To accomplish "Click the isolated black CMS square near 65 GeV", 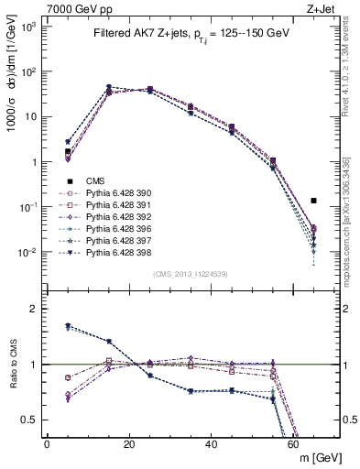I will (x=313, y=200).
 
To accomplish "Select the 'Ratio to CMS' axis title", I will (x=12, y=367).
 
